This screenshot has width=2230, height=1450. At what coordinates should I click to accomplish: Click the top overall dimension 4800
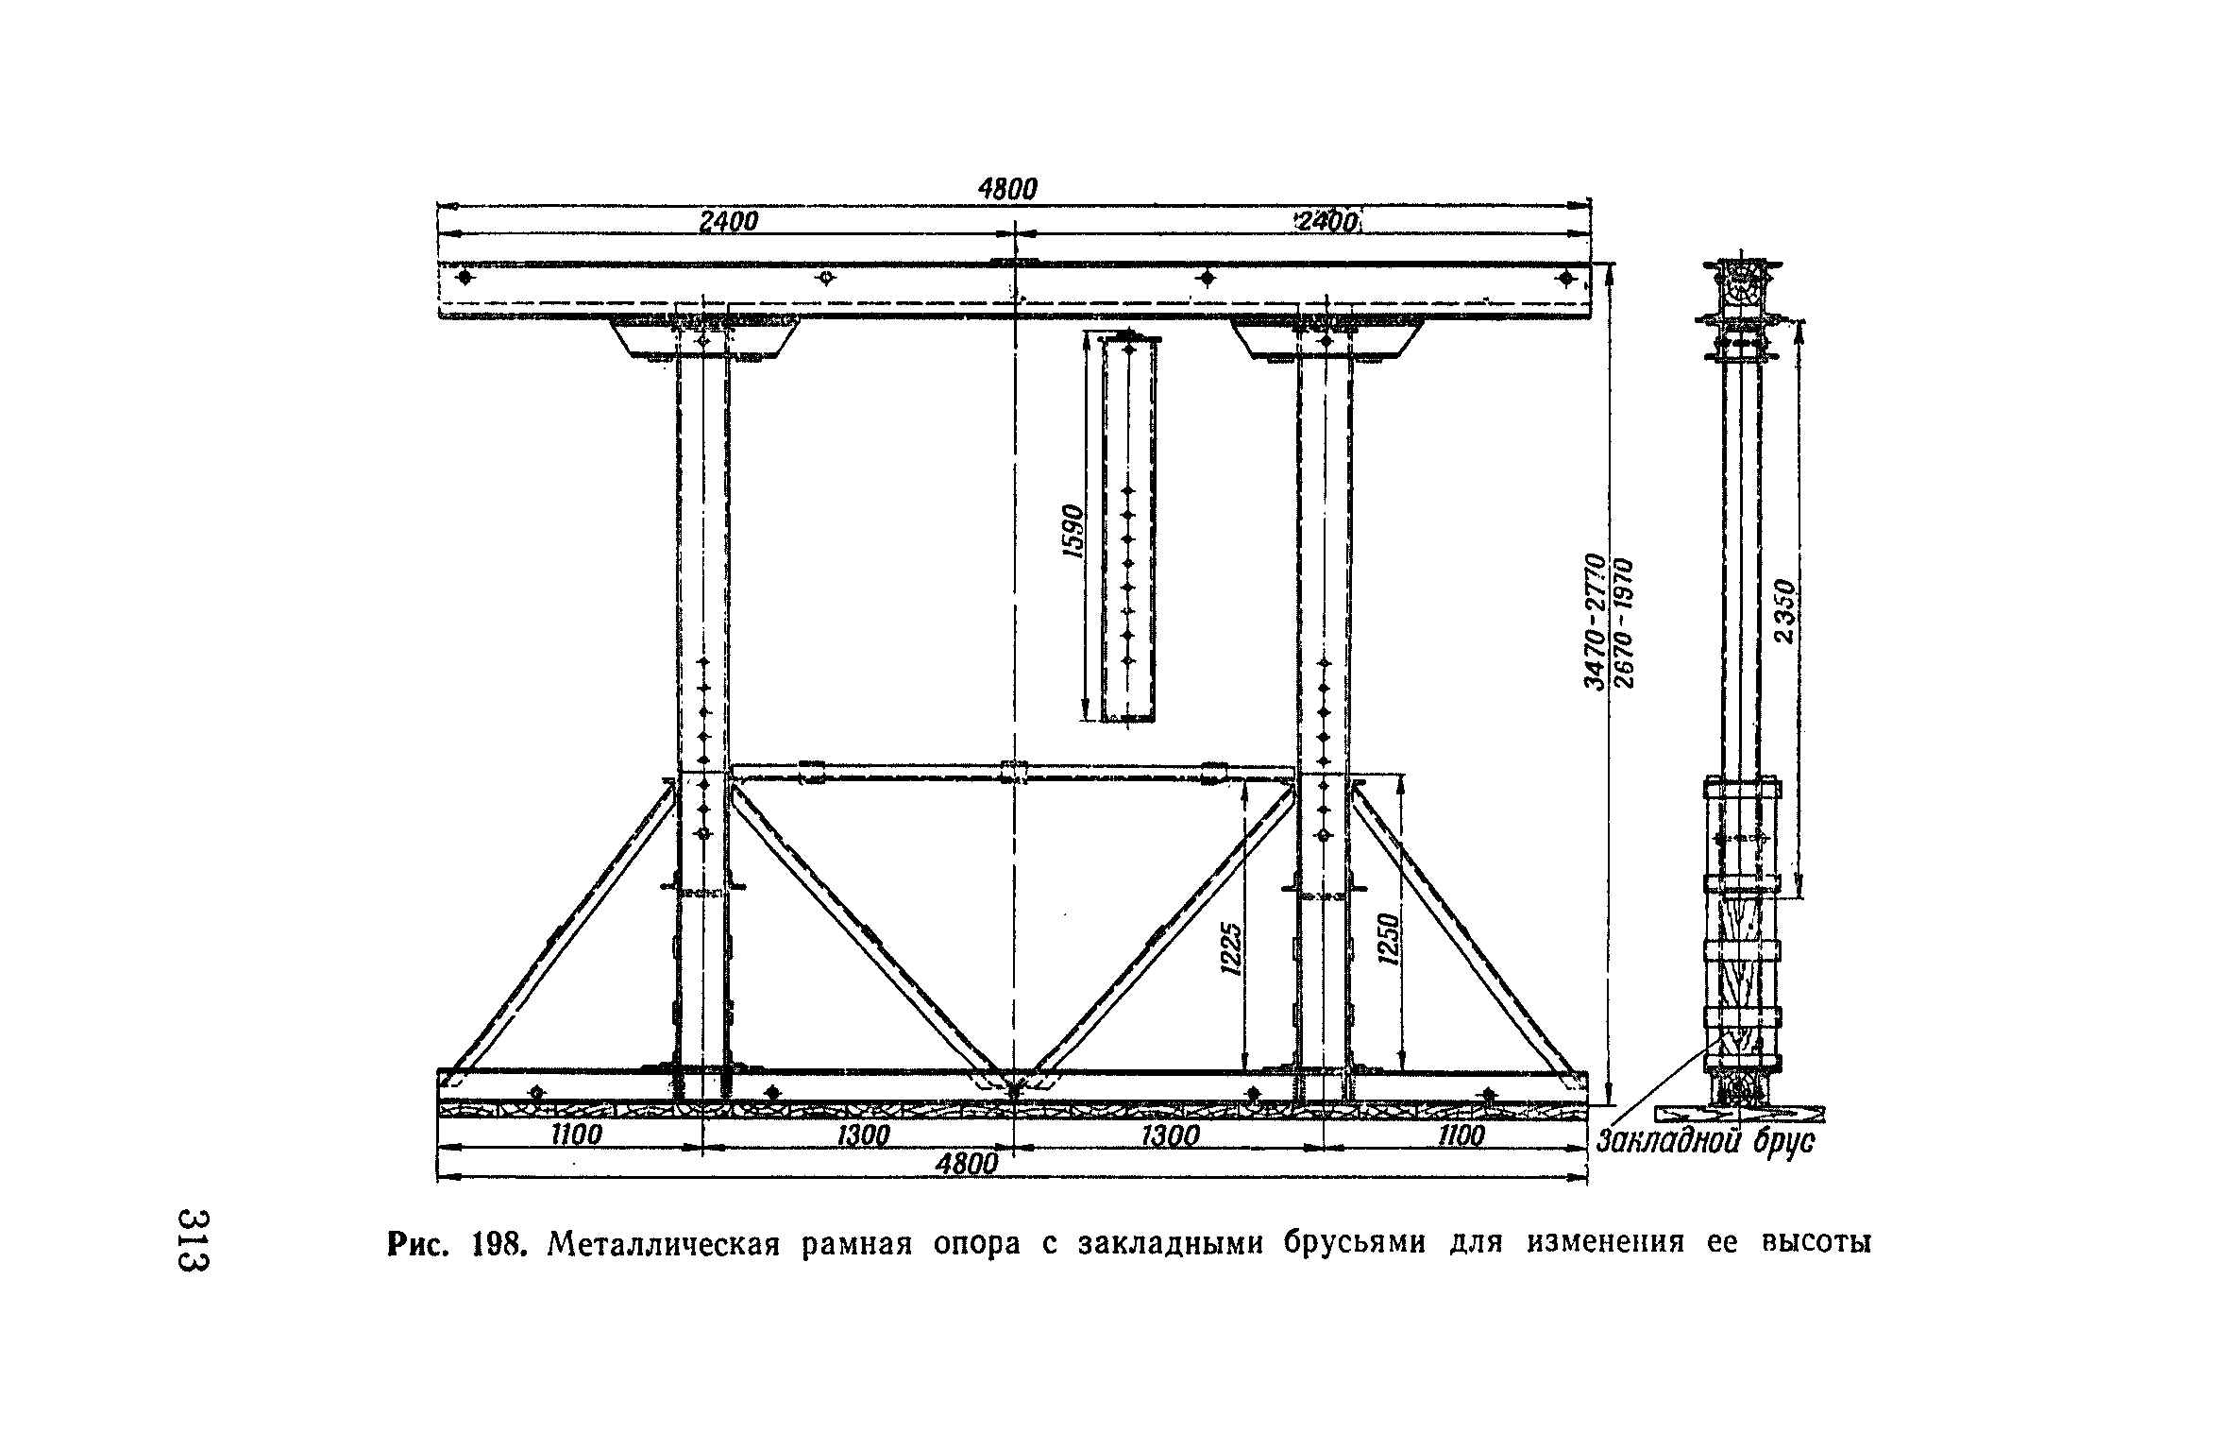pyautogui.click(x=1007, y=190)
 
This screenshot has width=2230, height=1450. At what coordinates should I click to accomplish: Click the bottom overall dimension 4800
pyautogui.click(x=966, y=1164)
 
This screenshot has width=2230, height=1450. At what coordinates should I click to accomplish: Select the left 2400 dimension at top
pyautogui.click(x=728, y=222)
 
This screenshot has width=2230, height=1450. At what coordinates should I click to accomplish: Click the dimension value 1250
pyautogui.click(x=1387, y=939)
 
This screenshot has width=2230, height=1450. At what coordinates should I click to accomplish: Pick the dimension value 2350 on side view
pyautogui.click(x=1782, y=611)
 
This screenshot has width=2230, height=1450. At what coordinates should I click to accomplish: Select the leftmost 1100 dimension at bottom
pyautogui.click(x=576, y=1134)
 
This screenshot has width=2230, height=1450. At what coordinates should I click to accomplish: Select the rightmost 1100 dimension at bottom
pyautogui.click(x=1461, y=1134)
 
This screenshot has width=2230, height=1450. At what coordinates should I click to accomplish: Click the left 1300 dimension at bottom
pyautogui.click(x=863, y=1135)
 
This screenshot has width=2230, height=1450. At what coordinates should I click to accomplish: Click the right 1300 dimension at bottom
pyautogui.click(x=1171, y=1135)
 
